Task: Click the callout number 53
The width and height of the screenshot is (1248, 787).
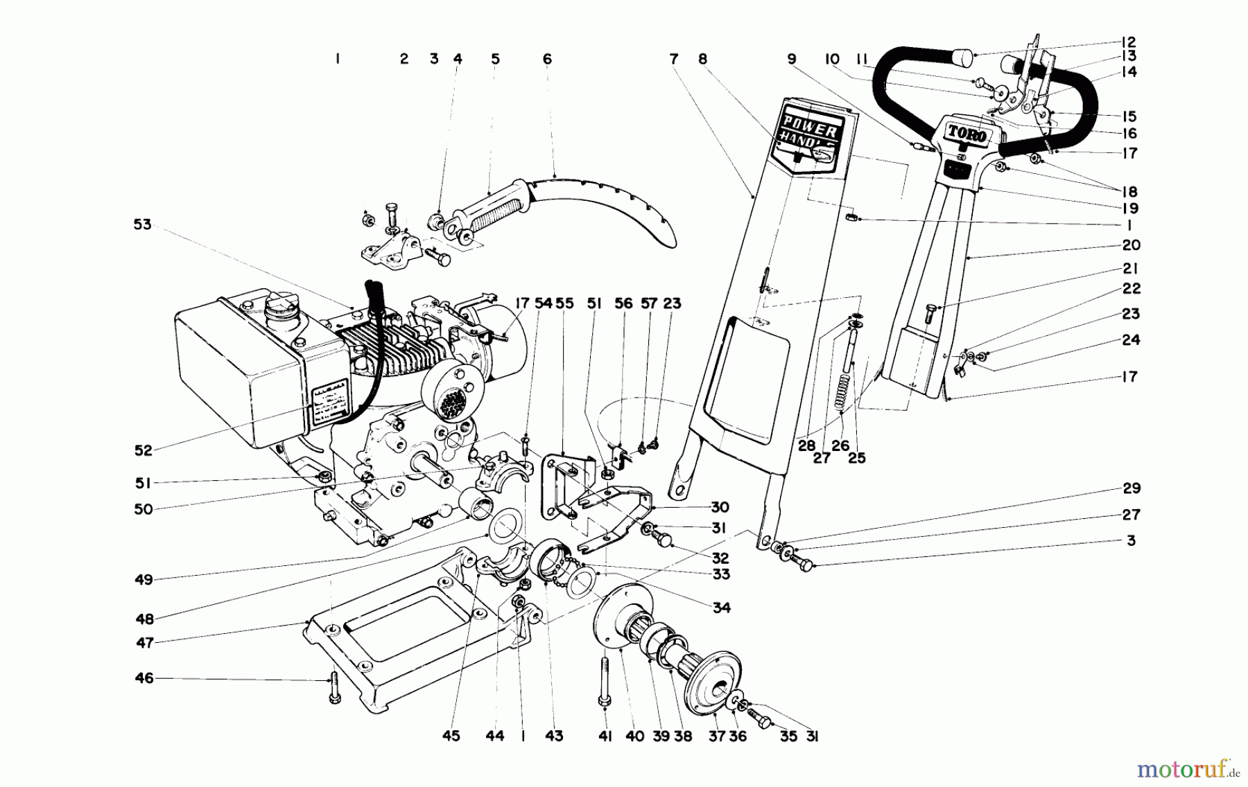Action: (142, 225)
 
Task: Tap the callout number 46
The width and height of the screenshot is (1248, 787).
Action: (144, 678)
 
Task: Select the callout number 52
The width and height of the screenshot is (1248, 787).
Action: (143, 450)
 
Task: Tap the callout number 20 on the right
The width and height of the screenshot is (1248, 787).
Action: (1131, 245)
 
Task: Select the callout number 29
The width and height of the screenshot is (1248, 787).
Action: (1132, 488)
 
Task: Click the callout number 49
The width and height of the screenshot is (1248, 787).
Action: (144, 580)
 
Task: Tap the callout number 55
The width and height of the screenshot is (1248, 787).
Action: (565, 303)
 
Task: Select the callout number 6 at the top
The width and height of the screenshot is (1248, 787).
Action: (547, 60)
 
